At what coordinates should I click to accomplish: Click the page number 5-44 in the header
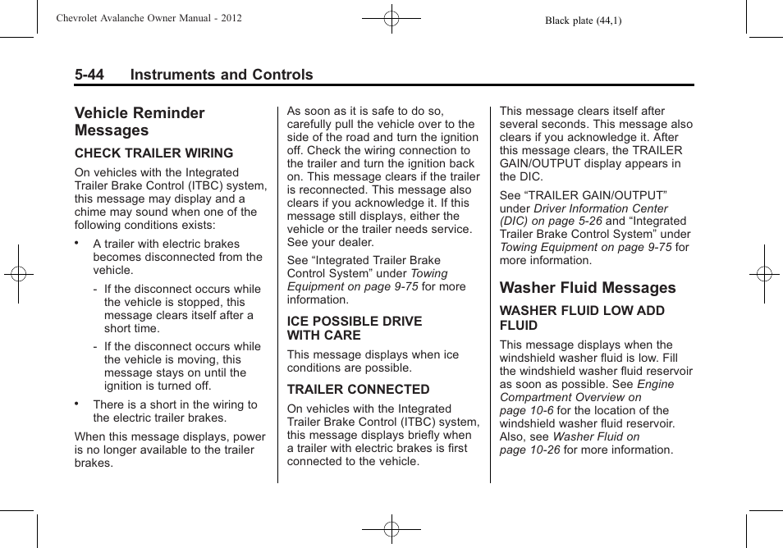89,75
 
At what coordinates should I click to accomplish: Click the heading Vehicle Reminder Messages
140,121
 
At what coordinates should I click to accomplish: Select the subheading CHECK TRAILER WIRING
153,153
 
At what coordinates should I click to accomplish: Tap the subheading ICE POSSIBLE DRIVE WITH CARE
354,328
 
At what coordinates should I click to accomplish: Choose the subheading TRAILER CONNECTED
358,390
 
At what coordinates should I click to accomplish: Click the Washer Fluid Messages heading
588,288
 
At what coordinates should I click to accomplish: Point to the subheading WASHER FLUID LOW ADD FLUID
581,318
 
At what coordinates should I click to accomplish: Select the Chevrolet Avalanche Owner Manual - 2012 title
149,18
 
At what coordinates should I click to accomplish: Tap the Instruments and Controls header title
222,75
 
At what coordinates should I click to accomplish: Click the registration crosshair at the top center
391,17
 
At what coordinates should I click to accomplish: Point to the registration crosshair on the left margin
18,274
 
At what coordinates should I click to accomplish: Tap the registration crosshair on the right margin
764,274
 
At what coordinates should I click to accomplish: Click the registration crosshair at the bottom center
391,530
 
